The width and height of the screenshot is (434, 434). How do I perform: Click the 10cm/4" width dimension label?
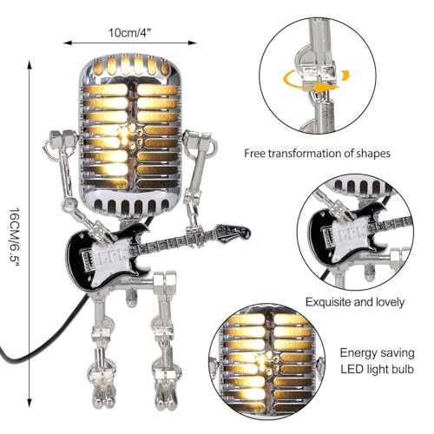130,33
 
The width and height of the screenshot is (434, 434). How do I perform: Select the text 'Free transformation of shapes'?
317,153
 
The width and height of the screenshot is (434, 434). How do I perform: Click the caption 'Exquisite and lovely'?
355,302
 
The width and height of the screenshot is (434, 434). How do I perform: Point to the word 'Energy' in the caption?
358,353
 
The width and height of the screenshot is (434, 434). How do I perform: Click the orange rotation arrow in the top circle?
316,82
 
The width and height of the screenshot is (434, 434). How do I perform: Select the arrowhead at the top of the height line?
29,64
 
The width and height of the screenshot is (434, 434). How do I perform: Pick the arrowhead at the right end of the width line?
193,43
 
